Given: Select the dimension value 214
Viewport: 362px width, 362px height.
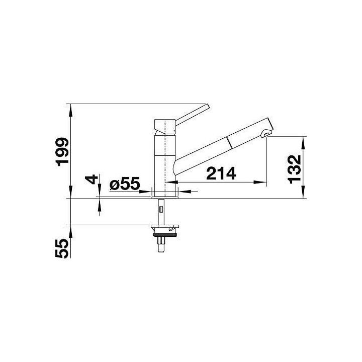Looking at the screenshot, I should [x=221, y=174].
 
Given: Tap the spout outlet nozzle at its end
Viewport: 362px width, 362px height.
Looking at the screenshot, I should [x=266, y=133].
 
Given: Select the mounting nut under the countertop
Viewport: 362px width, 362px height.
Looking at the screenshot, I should [x=163, y=231].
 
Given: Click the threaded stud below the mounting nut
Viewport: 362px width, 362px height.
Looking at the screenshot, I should [x=161, y=245].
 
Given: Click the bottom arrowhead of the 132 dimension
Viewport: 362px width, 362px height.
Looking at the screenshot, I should [x=304, y=195].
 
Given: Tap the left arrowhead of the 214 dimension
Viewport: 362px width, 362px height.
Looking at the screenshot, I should [x=177, y=182].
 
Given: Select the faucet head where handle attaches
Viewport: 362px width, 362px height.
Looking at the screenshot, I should [x=164, y=126].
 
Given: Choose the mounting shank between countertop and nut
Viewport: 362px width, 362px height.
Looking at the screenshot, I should [x=161, y=211].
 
